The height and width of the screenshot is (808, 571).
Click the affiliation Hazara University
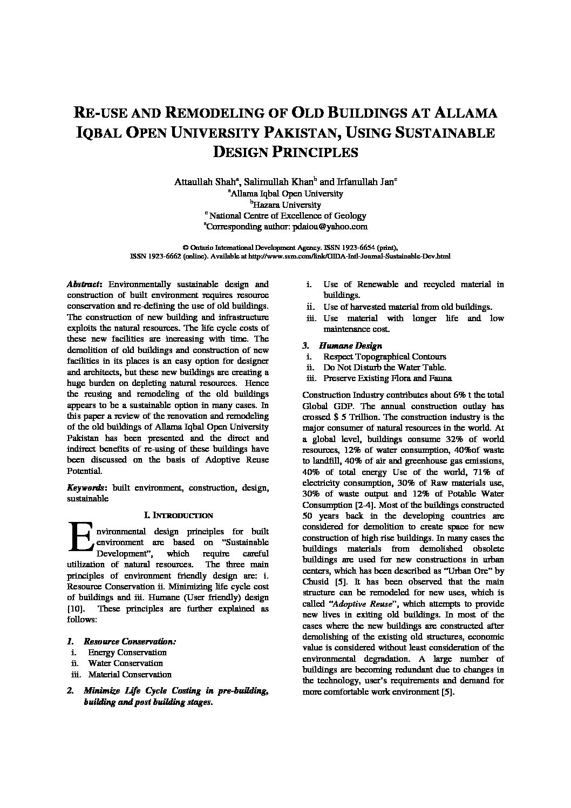tap(287, 205)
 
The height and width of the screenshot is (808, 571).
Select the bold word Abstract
tap(85, 284)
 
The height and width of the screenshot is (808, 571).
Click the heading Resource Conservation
tap(130, 641)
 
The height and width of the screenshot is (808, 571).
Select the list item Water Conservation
tap(125, 663)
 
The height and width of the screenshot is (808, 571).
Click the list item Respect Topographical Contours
tap(384, 356)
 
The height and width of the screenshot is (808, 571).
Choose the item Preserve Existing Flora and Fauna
tap(388, 378)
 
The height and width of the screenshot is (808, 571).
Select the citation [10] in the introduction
tap(75, 608)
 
